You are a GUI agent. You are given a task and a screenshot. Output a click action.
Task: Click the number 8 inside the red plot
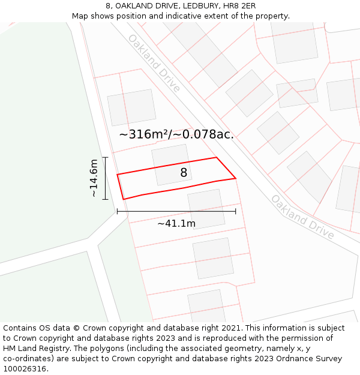[184, 173]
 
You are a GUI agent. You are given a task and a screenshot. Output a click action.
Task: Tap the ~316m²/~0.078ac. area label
[176, 134]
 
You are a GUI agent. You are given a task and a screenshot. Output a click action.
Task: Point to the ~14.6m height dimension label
[94, 178]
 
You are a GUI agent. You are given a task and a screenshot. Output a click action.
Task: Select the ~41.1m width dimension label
[176, 224]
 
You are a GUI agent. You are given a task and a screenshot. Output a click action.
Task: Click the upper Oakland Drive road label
[154, 63]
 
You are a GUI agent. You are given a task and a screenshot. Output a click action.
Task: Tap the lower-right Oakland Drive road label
[302, 217]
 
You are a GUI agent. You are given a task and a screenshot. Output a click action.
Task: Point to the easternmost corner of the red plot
[235, 178]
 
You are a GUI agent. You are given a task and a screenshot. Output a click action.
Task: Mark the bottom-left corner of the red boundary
[123, 199]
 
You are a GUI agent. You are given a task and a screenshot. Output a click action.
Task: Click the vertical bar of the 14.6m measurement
[105, 178]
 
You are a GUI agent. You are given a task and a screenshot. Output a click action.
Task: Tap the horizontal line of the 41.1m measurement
[176, 211]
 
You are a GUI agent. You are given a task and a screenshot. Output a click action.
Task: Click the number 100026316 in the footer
[25, 369]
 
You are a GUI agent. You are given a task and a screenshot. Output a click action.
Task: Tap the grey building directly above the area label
[131, 107]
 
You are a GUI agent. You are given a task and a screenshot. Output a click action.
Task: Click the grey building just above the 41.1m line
[206, 208]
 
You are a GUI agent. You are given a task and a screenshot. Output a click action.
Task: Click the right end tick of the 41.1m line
[235, 211]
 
